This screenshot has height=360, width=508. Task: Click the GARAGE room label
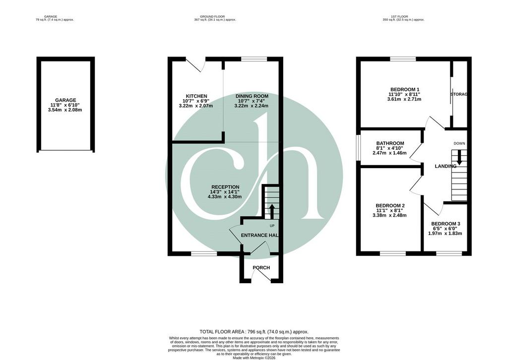click(x=65, y=100)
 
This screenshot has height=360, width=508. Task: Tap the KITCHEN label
click(x=196, y=96)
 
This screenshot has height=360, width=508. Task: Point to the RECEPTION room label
click(x=225, y=187)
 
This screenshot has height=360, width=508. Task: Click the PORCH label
click(x=261, y=268)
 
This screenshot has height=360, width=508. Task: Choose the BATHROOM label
click(x=390, y=143)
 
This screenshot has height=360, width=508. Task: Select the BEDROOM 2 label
click(x=390, y=206)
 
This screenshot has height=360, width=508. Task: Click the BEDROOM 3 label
click(x=445, y=224)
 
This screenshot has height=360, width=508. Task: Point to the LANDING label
click(x=445, y=166)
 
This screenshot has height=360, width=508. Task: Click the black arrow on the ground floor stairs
click(x=272, y=211)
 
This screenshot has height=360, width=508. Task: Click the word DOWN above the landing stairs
click(x=459, y=143)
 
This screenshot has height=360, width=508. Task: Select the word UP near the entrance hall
click(x=272, y=226)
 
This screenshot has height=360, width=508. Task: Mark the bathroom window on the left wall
click(x=358, y=147)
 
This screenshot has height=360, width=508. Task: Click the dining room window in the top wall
click(x=254, y=59)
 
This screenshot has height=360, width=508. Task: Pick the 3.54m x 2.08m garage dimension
click(x=65, y=110)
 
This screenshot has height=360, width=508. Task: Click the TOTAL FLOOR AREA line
click(x=254, y=332)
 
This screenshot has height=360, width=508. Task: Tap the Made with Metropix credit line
click(x=254, y=358)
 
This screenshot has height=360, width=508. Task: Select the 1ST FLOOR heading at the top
click(x=403, y=16)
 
